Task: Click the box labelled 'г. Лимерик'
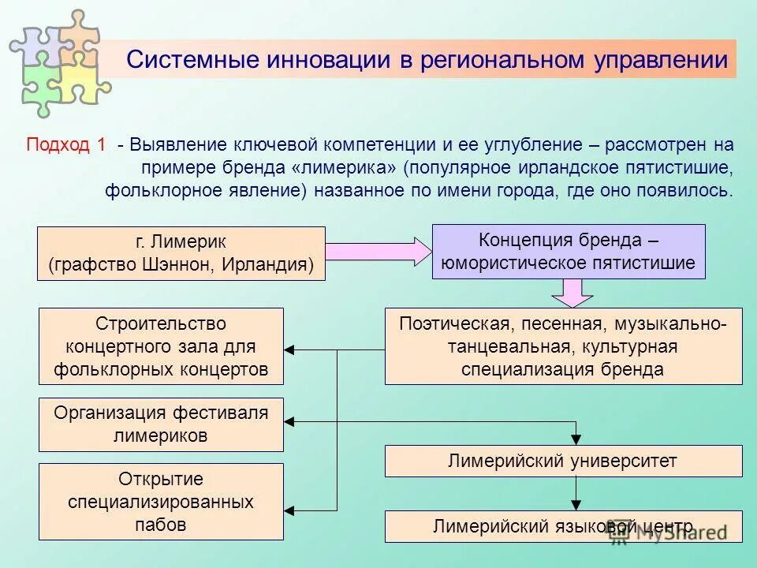(181, 253)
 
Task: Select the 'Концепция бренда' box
(569, 251)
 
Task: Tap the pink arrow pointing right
(378, 252)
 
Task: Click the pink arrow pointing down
(572, 293)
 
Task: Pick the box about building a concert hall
(161, 346)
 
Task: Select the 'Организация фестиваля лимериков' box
(161, 424)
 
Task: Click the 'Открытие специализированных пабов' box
(161, 501)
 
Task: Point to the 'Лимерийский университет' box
(563, 461)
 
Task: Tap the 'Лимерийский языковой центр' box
(563, 526)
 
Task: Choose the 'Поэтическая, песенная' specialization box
(563, 346)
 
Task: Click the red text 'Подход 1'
(66, 146)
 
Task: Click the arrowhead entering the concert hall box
(289, 349)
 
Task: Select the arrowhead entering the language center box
(576, 505)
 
